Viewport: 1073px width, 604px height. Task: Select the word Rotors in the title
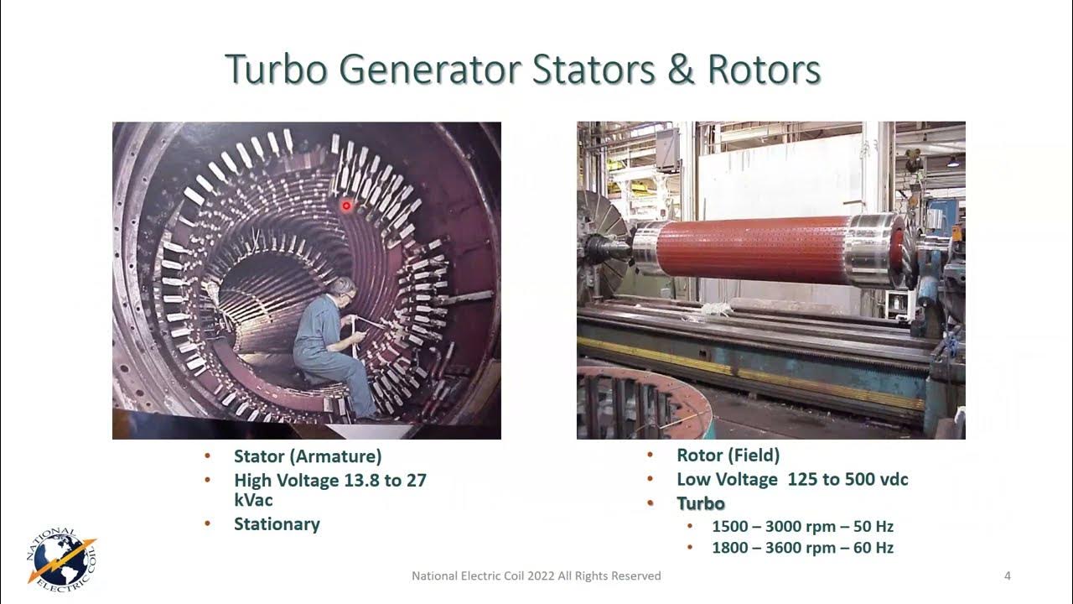coord(764,70)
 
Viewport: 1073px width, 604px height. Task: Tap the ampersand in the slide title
coord(682,70)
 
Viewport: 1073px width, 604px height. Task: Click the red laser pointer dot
coord(346,206)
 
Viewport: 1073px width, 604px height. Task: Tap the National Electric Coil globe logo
coord(60,558)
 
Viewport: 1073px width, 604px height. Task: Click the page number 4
coord(1007,575)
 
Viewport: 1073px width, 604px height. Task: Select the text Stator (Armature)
coord(308,456)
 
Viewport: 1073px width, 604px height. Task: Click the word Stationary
coord(277,524)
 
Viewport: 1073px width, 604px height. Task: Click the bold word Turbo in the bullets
coord(701,503)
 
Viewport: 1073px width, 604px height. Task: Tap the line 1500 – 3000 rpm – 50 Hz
coord(802,527)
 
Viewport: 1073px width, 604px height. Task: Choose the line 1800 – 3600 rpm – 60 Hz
coord(802,548)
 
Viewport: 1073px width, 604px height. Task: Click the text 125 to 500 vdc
coord(848,480)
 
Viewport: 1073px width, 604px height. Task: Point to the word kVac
coord(253,500)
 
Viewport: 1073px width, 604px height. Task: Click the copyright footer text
coord(536,575)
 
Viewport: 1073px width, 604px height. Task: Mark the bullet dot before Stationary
coord(208,524)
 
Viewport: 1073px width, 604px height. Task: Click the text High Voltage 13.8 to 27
coord(330,481)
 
